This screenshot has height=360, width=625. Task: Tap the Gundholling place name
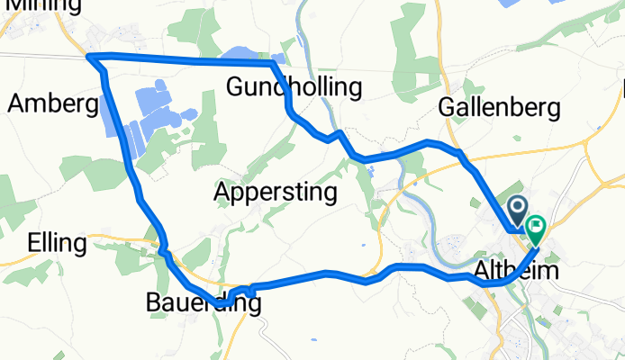point(294,87)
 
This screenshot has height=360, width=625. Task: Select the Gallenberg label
point(499,107)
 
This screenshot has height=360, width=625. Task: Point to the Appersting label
point(276,192)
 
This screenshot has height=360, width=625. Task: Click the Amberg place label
point(52,103)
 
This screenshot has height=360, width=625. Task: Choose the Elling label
point(57,243)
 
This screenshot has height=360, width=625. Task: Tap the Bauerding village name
point(204,304)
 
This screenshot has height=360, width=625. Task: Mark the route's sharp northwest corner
point(89,58)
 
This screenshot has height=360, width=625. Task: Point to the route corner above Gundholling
point(272,64)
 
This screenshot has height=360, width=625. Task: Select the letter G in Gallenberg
point(446,107)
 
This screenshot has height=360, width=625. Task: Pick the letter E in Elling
point(34,243)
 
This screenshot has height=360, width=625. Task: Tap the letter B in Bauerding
point(154,304)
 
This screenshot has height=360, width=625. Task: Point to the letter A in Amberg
point(16,103)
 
